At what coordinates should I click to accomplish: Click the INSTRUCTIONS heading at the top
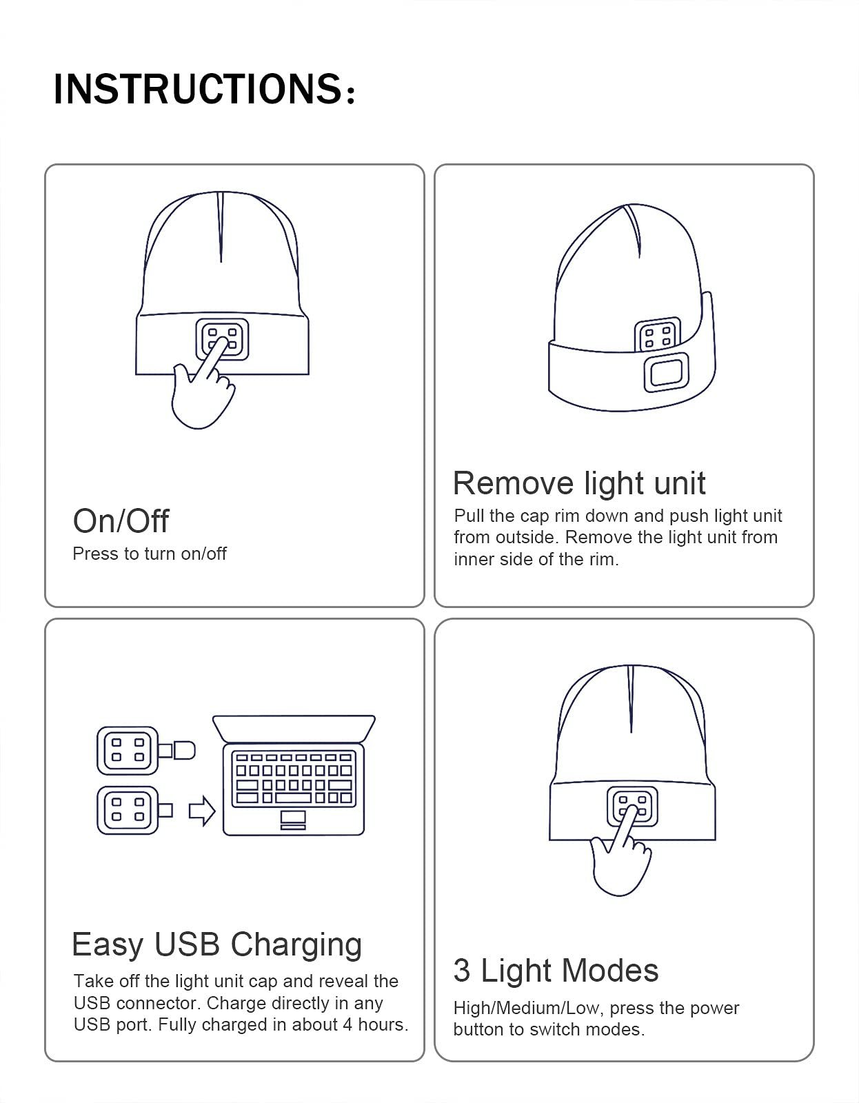(204, 89)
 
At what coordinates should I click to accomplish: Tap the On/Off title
(121, 520)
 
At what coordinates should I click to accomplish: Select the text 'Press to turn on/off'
(150, 554)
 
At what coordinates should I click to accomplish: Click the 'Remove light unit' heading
(579, 483)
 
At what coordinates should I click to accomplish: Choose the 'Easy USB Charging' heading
(216, 944)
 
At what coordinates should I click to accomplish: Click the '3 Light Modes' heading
(556, 970)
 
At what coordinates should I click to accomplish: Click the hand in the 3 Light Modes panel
(619, 862)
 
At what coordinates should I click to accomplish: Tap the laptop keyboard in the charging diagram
(294, 778)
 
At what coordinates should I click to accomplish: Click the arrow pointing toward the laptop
(201, 811)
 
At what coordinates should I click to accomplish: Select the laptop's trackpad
(293, 819)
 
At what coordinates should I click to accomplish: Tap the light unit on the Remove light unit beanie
(657, 336)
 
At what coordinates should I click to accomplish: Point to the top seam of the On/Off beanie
(221, 227)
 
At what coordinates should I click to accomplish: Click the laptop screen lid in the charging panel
(294, 728)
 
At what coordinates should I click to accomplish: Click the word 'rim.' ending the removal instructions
(604, 559)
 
